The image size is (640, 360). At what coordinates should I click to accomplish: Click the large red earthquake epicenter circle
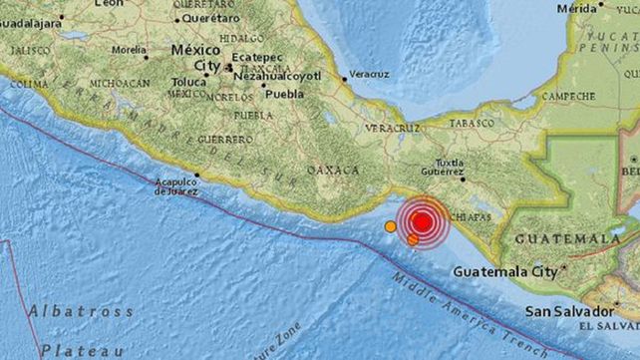pos(423,221)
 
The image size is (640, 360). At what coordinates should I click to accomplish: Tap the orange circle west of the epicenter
pos(390,226)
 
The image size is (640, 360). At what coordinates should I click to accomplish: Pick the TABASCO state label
pos(472,123)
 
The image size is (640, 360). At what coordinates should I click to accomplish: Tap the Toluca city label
pos(186,81)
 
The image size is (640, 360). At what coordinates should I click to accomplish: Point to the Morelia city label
pos(129,49)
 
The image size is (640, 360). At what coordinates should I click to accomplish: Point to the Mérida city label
pos(578,8)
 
